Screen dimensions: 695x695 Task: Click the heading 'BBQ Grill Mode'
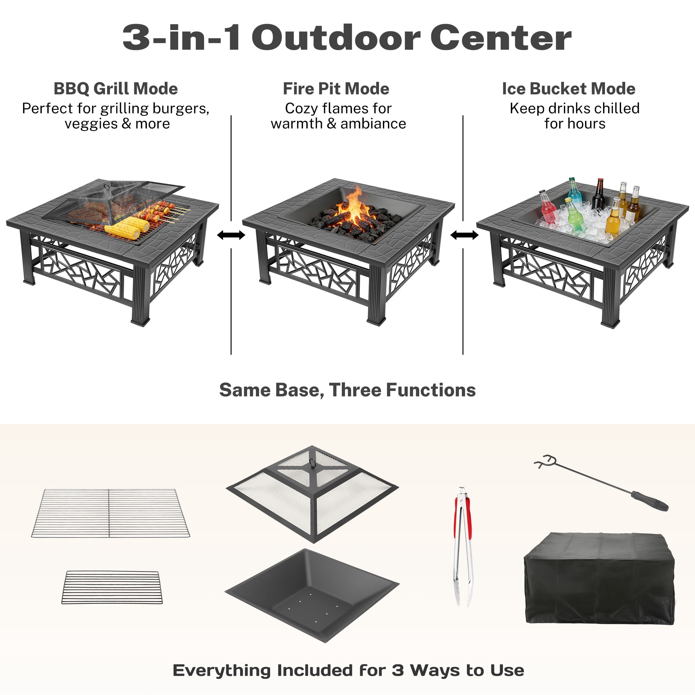[x=116, y=89]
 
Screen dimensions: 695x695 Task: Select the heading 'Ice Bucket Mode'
[x=568, y=89]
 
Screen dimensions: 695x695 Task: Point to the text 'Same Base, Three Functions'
[x=347, y=390]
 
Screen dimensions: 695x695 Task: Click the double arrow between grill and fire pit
[x=231, y=235]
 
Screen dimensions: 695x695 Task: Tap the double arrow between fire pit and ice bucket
[x=464, y=235]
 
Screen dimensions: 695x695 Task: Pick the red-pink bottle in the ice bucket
[x=547, y=208]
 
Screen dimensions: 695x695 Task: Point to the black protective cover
[x=599, y=579]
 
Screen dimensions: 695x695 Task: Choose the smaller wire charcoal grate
[x=112, y=588]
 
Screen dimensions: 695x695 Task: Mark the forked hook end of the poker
[x=545, y=461]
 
